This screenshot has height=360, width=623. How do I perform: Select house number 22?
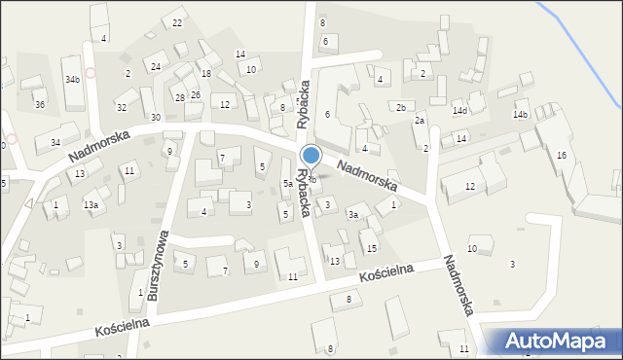pos(176,22)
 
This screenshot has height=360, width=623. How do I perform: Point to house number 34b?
pos(72,79)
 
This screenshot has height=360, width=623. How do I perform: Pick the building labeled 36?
pos(39,104)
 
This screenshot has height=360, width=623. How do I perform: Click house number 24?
pos(156,66)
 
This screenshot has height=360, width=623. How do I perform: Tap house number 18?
pos(205,74)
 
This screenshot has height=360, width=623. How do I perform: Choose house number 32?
pos(122,107)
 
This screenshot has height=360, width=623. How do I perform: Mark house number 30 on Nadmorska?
pos(156,117)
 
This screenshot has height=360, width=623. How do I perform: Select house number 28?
pos(179,97)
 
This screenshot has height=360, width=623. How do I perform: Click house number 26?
pos(196,94)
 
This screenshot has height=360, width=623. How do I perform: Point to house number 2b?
pos(400,106)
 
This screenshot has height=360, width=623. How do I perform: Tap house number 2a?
pos(420,120)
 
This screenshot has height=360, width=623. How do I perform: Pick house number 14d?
pos(459,111)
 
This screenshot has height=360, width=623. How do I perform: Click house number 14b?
pos(521,115)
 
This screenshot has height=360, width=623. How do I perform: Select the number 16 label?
pos(561,156)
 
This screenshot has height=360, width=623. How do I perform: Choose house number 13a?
pos(91,204)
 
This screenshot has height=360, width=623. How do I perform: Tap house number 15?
pos(372,249)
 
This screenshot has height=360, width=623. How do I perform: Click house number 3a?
pos(354,214)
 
